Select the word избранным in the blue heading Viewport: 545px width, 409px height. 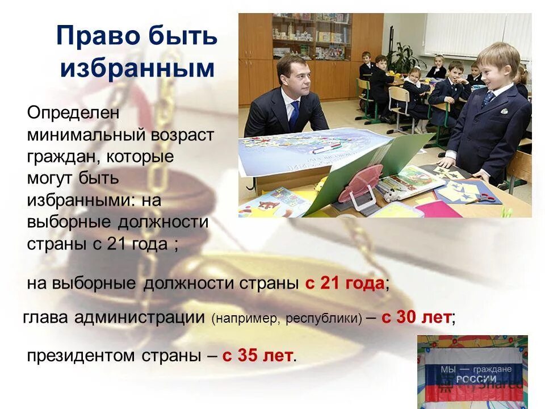point(137,69)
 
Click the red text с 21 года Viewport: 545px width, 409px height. point(345,283)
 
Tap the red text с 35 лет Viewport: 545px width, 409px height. point(258,356)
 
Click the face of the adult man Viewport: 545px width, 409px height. point(295,80)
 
